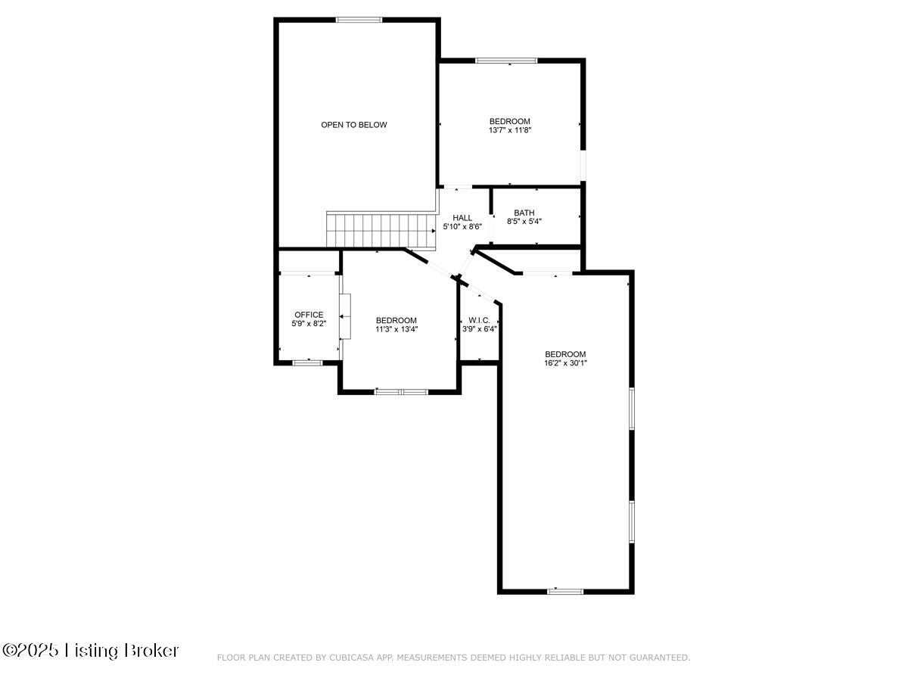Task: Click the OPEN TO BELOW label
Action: click(x=353, y=125)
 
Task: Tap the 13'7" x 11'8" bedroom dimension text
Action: click(x=509, y=130)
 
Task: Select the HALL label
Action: click(x=462, y=218)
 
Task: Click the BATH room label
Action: click(x=524, y=213)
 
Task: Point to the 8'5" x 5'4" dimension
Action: click(x=524, y=222)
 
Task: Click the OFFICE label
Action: click(x=309, y=315)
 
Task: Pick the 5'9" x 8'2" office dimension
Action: click(x=309, y=324)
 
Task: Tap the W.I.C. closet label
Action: click(x=479, y=320)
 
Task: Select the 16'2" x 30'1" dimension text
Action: click(x=565, y=363)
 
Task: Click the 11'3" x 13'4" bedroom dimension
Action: click(x=396, y=329)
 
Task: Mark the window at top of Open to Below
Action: click(x=359, y=20)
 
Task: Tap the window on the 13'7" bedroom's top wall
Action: click(x=506, y=61)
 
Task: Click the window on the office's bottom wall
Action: click(x=307, y=363)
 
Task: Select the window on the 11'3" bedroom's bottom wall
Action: click(x=401, y=392)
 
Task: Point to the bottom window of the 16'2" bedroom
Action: click(x=565, y=591)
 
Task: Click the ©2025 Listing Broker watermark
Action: click(x=91, y=650)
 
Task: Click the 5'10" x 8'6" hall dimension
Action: click(x=462, y=226)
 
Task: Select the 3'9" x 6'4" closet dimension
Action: click(x=479, y=329)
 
